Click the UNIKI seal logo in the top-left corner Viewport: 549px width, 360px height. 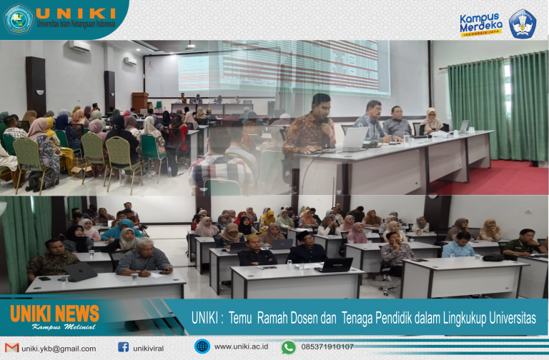[x=19, y=18]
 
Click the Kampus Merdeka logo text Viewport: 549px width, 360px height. [x=480, y=23]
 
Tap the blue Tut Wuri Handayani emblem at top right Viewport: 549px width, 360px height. [x=522, y=23]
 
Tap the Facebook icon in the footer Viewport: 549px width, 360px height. [x=123, y=347]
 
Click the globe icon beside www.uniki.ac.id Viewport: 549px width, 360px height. [x=202, y=346]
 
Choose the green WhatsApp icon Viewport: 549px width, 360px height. [x=288, y=347]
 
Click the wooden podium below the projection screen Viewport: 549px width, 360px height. [x=140, y=101]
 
